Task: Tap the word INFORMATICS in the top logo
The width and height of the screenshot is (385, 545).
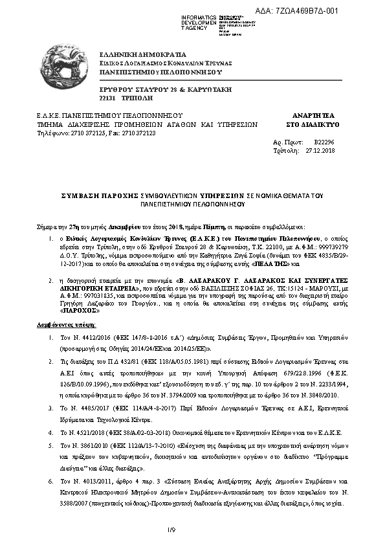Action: point(199,16)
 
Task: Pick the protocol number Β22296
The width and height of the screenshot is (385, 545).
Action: point(324,140)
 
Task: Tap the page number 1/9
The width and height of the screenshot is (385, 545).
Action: point(171,530)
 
